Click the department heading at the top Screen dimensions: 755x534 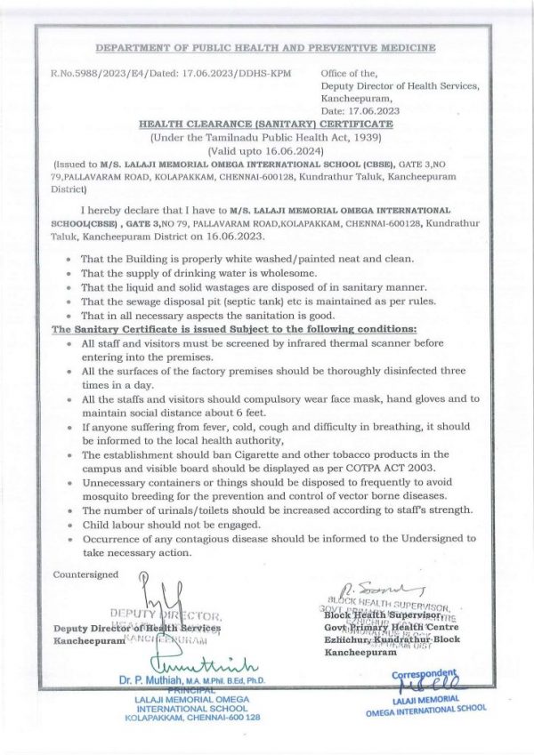pyautogui.click(x=265, y=47)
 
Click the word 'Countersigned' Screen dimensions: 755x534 pyautogui.click(x=85, y=574)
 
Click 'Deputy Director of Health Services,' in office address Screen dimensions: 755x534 pyautogui.click(x=400, y=86)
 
